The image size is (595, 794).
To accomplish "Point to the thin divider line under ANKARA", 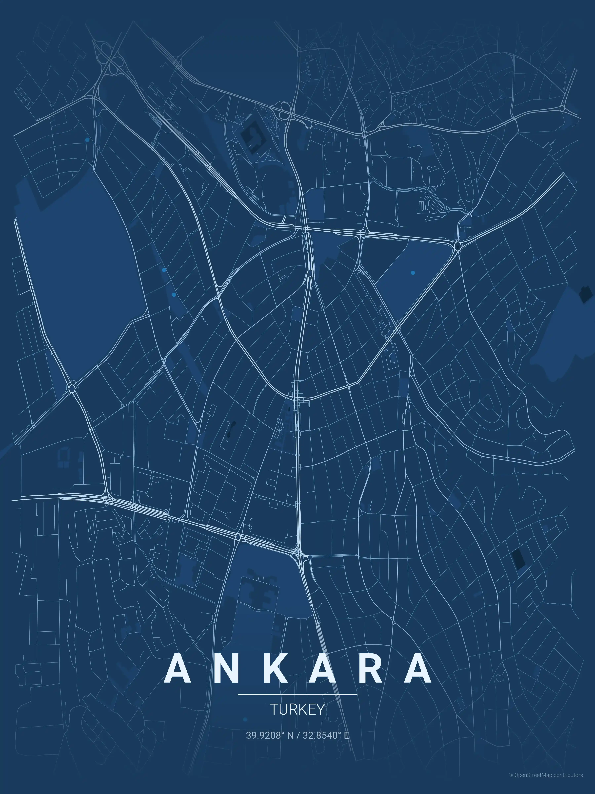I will (297, 695).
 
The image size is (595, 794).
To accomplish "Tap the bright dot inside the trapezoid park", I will (413, 273).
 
